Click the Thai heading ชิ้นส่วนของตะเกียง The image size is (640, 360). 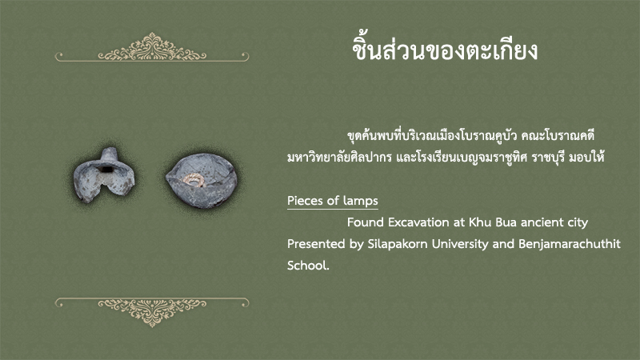pos(445,50)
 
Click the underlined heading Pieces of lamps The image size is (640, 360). pos(333,201)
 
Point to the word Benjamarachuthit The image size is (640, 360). pos(570,244)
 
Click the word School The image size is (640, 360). pos(308,266)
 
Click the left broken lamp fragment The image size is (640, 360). pos(104,176)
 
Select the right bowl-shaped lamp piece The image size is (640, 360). pos(201,181)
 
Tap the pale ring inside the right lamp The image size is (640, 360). pos(193,179)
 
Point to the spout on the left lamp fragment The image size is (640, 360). pos(109,154)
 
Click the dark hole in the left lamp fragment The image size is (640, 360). pos(106,169)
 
